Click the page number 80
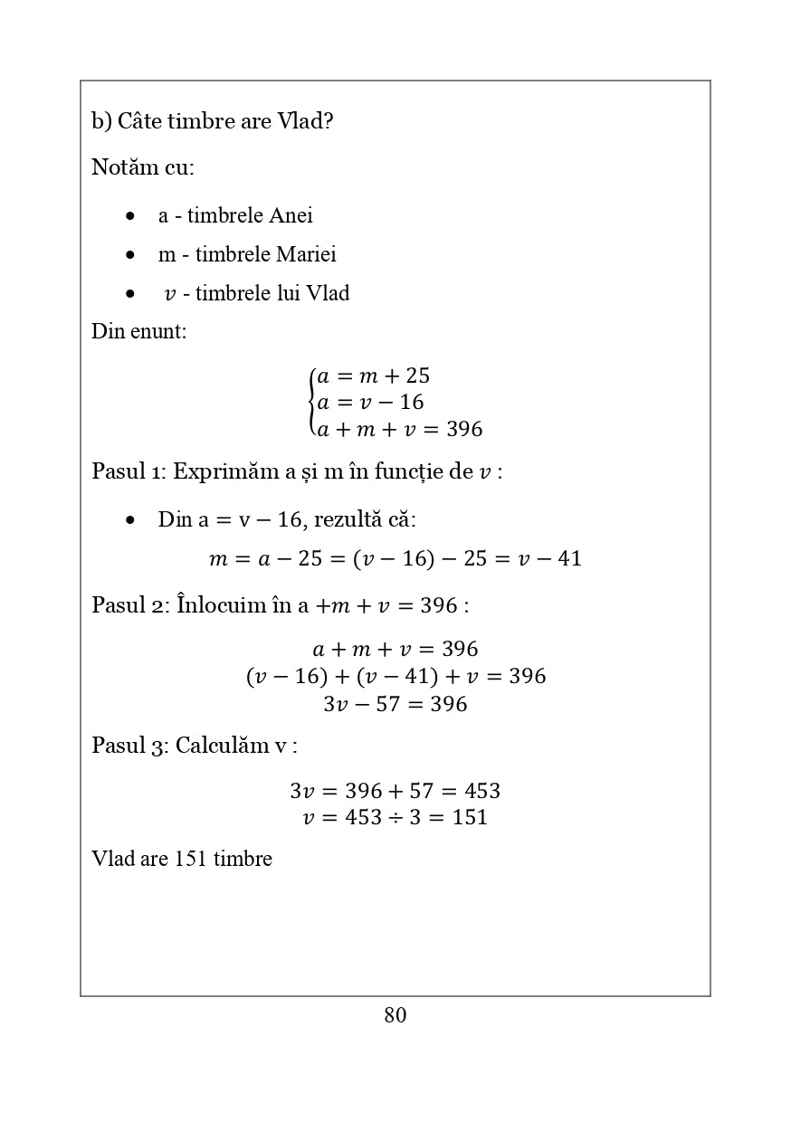395,1015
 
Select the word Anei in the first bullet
291,215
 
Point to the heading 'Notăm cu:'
143,167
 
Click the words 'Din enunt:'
138,331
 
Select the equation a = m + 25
374,376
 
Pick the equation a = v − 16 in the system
371,402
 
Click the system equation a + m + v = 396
399,429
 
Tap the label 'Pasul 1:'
129,471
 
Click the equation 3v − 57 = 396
395,704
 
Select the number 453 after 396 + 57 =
481,791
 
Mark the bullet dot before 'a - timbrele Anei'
131,216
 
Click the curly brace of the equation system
311,402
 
